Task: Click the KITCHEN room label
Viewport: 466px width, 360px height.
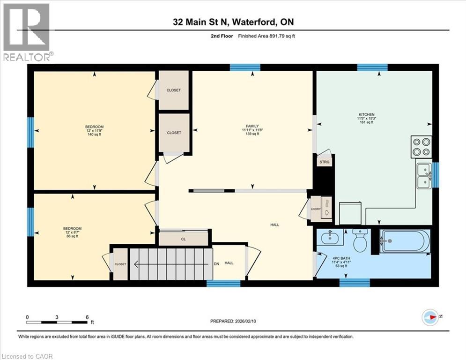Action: pos(366,115)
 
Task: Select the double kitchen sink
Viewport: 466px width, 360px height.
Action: pos(424,175)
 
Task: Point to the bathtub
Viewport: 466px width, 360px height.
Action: pos(404,241)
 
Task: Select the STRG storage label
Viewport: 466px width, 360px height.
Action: pos(324,162)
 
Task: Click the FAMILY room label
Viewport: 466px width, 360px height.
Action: pos(252,127)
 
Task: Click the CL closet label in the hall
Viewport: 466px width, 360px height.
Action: pos(184,238)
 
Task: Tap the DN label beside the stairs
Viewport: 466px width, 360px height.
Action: pos(216,264)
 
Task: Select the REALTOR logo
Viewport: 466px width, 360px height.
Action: pos(26,32)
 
